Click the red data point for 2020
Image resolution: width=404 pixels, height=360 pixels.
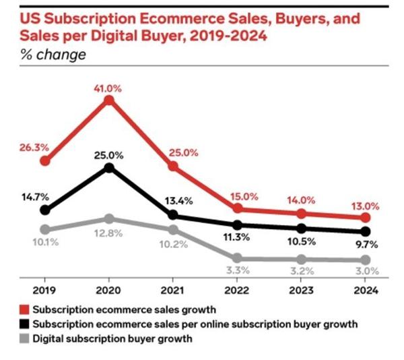point(109,100)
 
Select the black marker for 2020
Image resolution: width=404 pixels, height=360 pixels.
point(109,167)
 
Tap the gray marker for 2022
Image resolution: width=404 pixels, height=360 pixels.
point(237,258)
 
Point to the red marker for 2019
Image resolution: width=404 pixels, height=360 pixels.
point(45,160)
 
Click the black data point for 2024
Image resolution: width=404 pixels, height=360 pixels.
point(365,232)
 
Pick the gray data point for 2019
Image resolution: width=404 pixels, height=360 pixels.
point(45,229)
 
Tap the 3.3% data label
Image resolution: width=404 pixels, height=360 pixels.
point(237,271)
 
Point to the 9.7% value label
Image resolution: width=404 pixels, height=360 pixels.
point(365,247)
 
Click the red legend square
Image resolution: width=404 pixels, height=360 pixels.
point(26,310)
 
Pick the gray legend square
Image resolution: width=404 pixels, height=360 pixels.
point(26,338)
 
